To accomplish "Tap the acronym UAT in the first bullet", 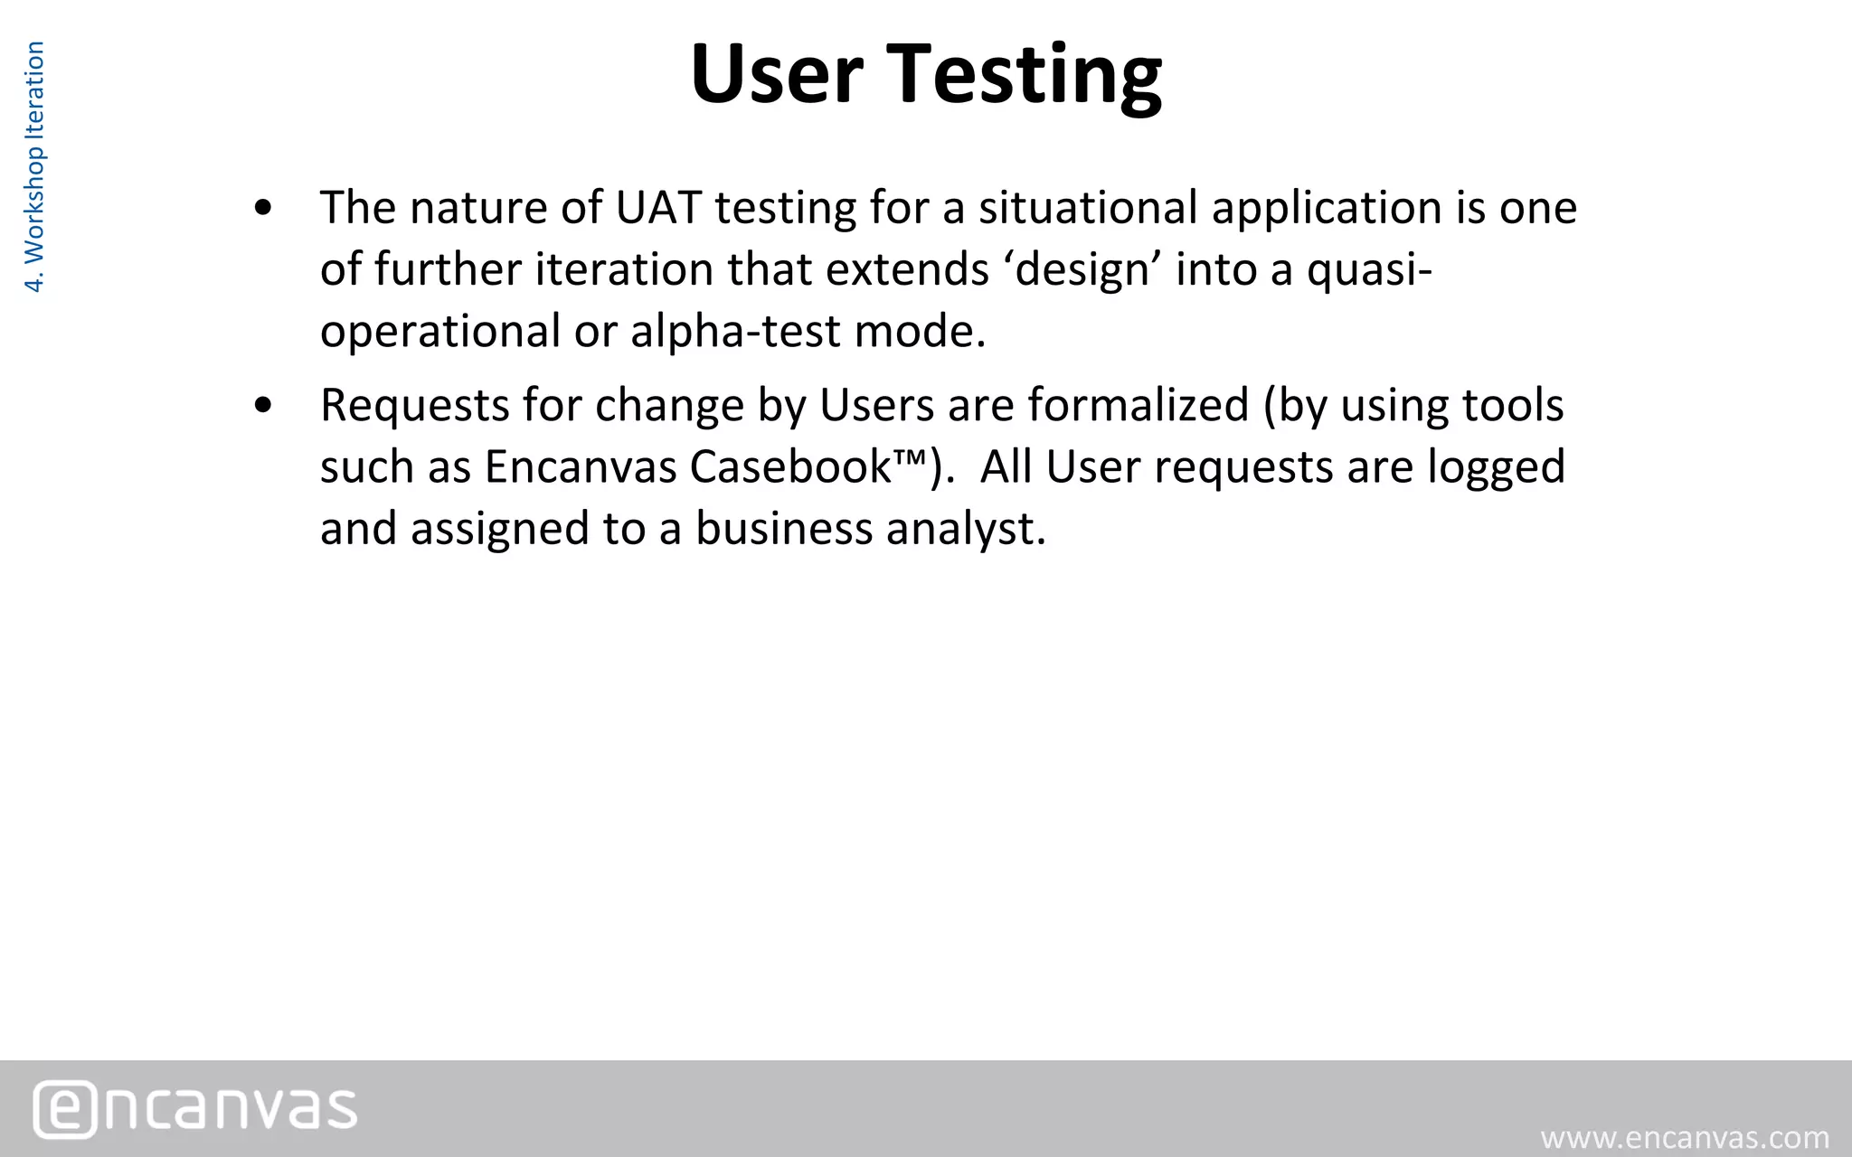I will pyautogui.click(x=658, y=208).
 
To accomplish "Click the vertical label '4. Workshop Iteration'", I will pyautogui.click(x=34, y=167).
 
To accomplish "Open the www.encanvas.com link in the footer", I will pyautogui.click(x=1685, y=1137).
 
